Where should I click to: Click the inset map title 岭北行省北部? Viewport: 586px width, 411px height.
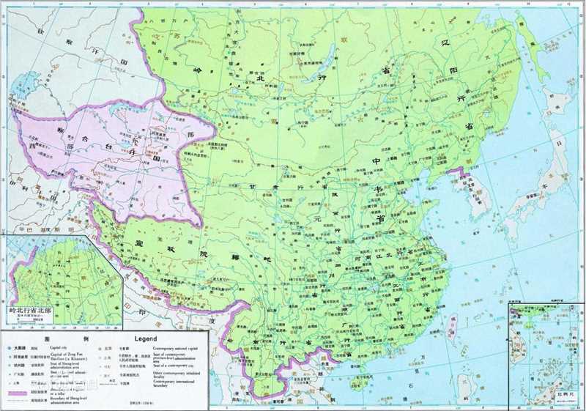tap(30, 311)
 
